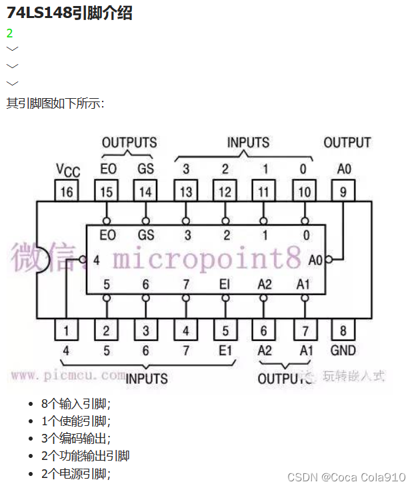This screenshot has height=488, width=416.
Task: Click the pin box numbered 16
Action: tap(67, 192)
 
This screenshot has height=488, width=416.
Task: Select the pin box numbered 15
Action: tap(107, 192)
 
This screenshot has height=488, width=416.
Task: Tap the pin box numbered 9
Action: tap(343, 192)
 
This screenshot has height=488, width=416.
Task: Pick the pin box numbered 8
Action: tap(343, 330)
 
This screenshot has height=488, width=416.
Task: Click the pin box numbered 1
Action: tap(67, 330)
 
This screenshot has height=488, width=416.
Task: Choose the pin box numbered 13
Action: tap(186, 192)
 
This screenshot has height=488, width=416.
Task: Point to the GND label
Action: tap(343, 350)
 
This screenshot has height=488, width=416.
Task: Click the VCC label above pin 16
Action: tap(67, 171)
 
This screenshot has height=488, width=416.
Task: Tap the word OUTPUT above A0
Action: tap(347, 142)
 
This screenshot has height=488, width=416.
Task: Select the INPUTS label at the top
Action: tap(248, 142)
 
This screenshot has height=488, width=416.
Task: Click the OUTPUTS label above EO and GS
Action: tap(129, 142)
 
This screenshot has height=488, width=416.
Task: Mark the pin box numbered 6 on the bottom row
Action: tap(264, 330)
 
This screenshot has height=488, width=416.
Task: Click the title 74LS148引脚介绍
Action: tap(69, 12)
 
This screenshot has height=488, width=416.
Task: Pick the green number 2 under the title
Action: tap(9, 33)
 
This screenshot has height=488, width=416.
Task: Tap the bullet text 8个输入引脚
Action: tap(75, 404)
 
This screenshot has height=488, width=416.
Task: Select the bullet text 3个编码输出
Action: tap(75, 439)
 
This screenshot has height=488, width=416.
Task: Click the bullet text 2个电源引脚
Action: tap(75, 473)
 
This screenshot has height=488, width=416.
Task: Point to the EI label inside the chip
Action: tap(225, 284)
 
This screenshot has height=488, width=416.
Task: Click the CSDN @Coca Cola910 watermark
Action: tap(346, 477)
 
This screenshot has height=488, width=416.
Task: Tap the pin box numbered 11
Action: tap(264, 192)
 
